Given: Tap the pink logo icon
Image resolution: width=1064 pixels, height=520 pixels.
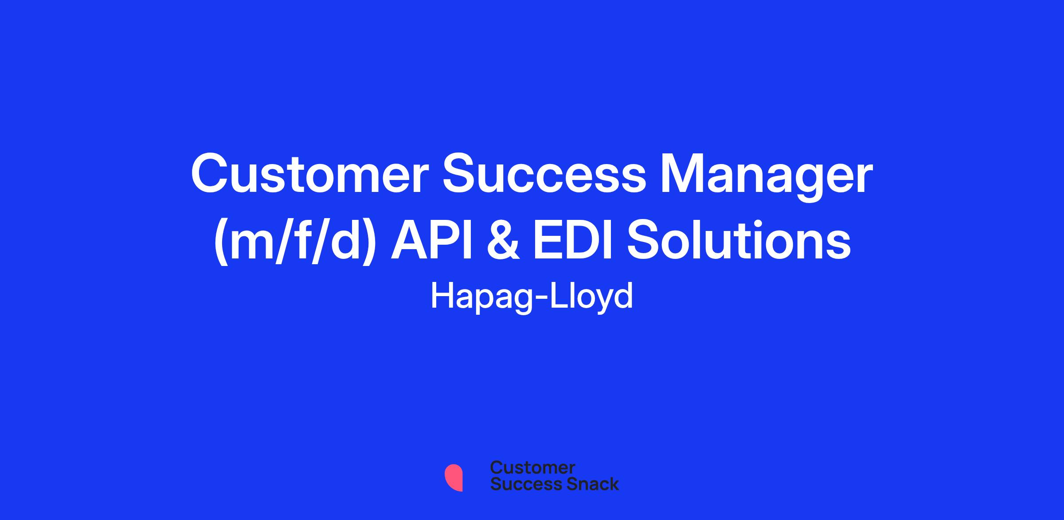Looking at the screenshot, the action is point(454,477).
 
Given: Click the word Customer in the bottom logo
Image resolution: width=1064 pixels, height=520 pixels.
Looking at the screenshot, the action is point(532,468).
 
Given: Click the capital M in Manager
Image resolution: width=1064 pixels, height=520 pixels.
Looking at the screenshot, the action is point(682,174).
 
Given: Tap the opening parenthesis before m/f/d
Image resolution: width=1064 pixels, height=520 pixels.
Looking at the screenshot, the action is point(221,242).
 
